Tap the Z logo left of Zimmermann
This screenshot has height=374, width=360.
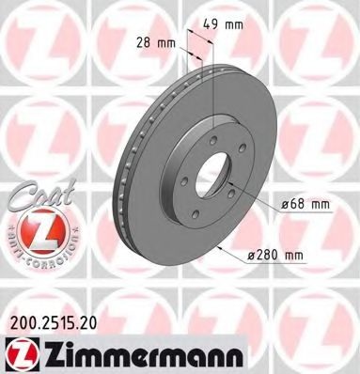pos(18,353)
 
